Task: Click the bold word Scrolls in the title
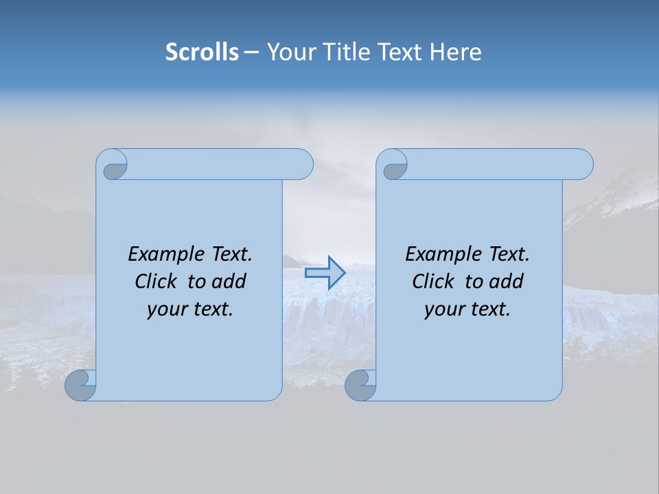[x=203, y=52]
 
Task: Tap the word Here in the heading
[x=456, y=52]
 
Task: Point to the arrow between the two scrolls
[x=325, y=273]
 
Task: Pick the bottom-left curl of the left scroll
[x=80, y=385]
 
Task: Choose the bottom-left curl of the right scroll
[x=360, y=385]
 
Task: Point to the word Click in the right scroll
[x=432, y=281]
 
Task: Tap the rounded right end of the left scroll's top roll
[x=302, y=164]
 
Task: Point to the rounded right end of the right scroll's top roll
[x=582, y=164]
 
